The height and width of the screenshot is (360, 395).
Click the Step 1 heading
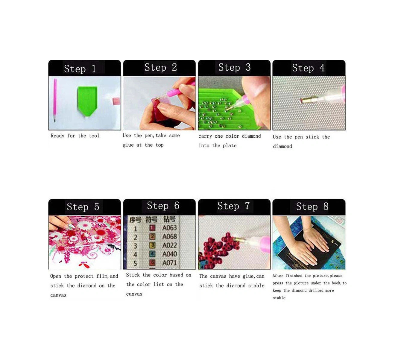[80, 69]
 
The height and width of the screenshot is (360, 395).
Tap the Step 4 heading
[308, 68]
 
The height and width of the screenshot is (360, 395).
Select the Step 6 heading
[163, 206]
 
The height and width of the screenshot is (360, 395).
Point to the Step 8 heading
[312, 206]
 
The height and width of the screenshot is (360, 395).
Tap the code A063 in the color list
[169, 228]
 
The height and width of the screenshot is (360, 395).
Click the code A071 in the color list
[169, 263]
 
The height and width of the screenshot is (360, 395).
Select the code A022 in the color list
[169, 245]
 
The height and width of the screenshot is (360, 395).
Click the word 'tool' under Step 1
[94, 136]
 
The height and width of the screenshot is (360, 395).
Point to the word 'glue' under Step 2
[128, 145]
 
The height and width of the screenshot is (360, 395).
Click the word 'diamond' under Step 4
[282, 146]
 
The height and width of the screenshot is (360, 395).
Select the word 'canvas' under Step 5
[58, 295]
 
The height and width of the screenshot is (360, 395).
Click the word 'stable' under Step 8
[279, 298]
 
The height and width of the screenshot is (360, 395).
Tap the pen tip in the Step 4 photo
[302, 101]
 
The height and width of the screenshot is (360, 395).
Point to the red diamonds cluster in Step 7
[221, 248]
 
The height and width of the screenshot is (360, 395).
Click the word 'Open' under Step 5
[56, 276]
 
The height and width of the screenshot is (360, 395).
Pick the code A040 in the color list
[169, 254]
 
